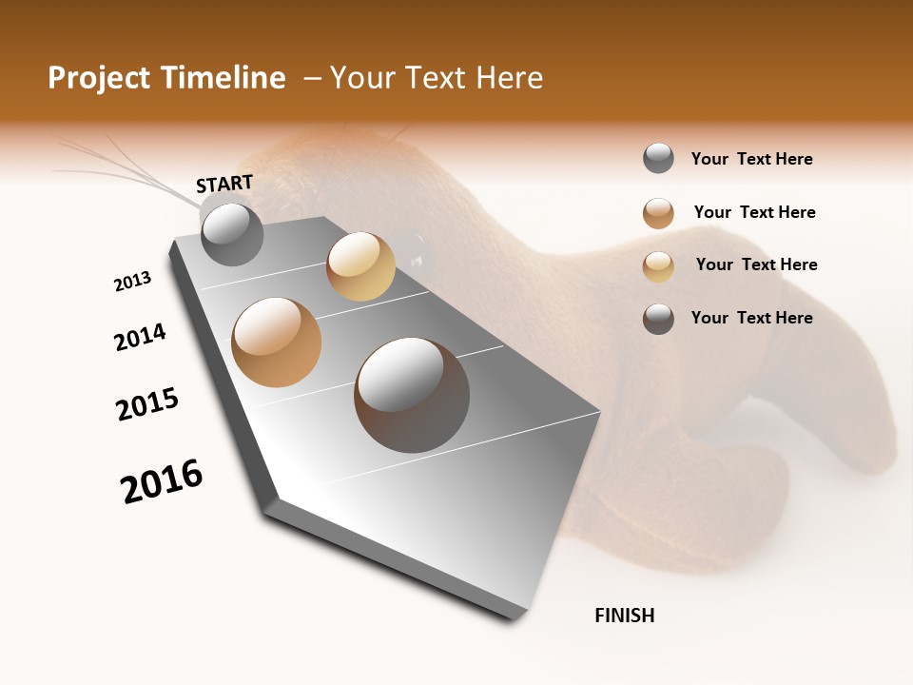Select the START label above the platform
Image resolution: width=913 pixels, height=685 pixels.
pos(224,183)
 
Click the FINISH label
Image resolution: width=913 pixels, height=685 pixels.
pos(625,616)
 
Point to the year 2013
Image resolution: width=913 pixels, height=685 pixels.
pos(132,282)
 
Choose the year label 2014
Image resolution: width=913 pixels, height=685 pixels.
pos(140,337)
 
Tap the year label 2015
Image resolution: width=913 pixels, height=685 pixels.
pos(147,403)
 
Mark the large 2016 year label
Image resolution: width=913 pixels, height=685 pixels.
pos(162,480)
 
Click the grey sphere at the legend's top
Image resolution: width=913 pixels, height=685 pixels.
pos(658,159)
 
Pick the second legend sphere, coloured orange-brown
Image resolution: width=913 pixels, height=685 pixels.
pos(658,212)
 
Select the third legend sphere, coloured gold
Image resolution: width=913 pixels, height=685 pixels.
pos(658,265)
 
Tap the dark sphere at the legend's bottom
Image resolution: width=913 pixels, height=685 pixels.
pos(658,319)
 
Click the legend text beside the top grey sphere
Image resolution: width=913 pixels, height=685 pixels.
pos(751,159)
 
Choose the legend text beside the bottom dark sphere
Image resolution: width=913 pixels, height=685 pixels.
pos(751,318)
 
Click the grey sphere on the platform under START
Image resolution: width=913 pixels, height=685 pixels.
pos(232,234)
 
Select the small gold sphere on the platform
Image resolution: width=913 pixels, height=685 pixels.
pos(360,266)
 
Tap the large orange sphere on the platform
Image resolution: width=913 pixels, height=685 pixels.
pos(277,342)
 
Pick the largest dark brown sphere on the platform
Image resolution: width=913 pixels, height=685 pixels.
pos(412,395)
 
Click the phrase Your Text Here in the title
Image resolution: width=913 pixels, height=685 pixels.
pos(437,78)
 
